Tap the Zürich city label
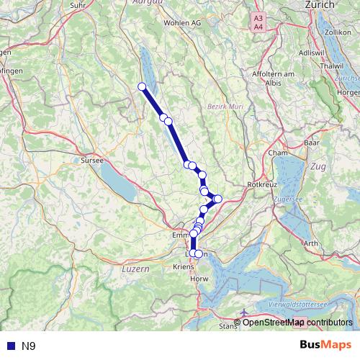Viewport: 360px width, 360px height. [x=320, y=4]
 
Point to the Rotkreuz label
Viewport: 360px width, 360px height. [x=261, y=185]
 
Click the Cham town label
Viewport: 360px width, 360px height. [x=277, y=153]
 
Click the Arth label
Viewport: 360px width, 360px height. [x=311, y=243]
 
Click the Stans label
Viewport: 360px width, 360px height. [x=228, y=325]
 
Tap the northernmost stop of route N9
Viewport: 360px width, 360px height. [x=142, y=87]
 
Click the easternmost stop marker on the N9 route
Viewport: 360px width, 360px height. [x=218, y=199]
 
